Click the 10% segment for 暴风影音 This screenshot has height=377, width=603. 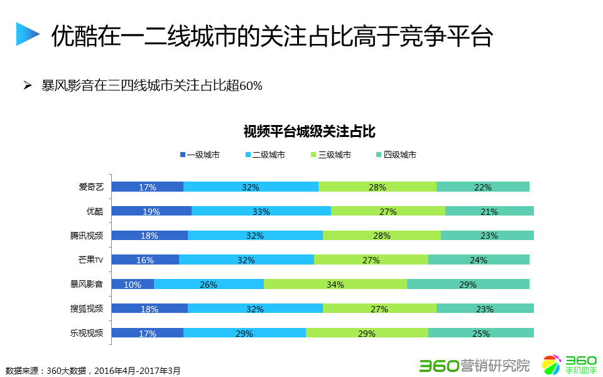pyautogui.click(x=133, y=284)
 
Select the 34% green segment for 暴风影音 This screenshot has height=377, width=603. pyautogui.click(x=335, y=284)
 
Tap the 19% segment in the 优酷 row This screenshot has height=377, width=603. pyautogui.click(x=151, y=211)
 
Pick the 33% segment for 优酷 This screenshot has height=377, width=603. pyautogui.click(x=261, y=211)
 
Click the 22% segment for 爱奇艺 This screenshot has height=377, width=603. pyautogui.click(x=483, y=187)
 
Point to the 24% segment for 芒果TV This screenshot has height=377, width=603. pyautogui.click(x=479, y=260)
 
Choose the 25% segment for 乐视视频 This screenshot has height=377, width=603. pyautogui.click(x=481, y=333)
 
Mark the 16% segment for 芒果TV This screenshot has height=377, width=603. pyautogui.click(x=145, y=260)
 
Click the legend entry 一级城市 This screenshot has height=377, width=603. pyautogui.click(x=200, y=155)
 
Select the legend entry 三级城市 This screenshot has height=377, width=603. pyautogui.click(x=330, y=155)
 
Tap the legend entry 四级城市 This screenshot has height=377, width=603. pyautogui.click(x=396, y=155)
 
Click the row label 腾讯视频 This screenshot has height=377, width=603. pyautogui.click(x=87, y=236)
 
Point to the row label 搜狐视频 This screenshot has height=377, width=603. pyautogui.click(x=87, y=309)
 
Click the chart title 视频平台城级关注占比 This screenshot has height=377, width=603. pyautogui.click(x=309, y=132)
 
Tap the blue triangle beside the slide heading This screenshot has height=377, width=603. pyautogui.click(x=27, y=34)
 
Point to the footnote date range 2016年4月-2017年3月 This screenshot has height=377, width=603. pyautogui.click(x=138, y=371)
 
